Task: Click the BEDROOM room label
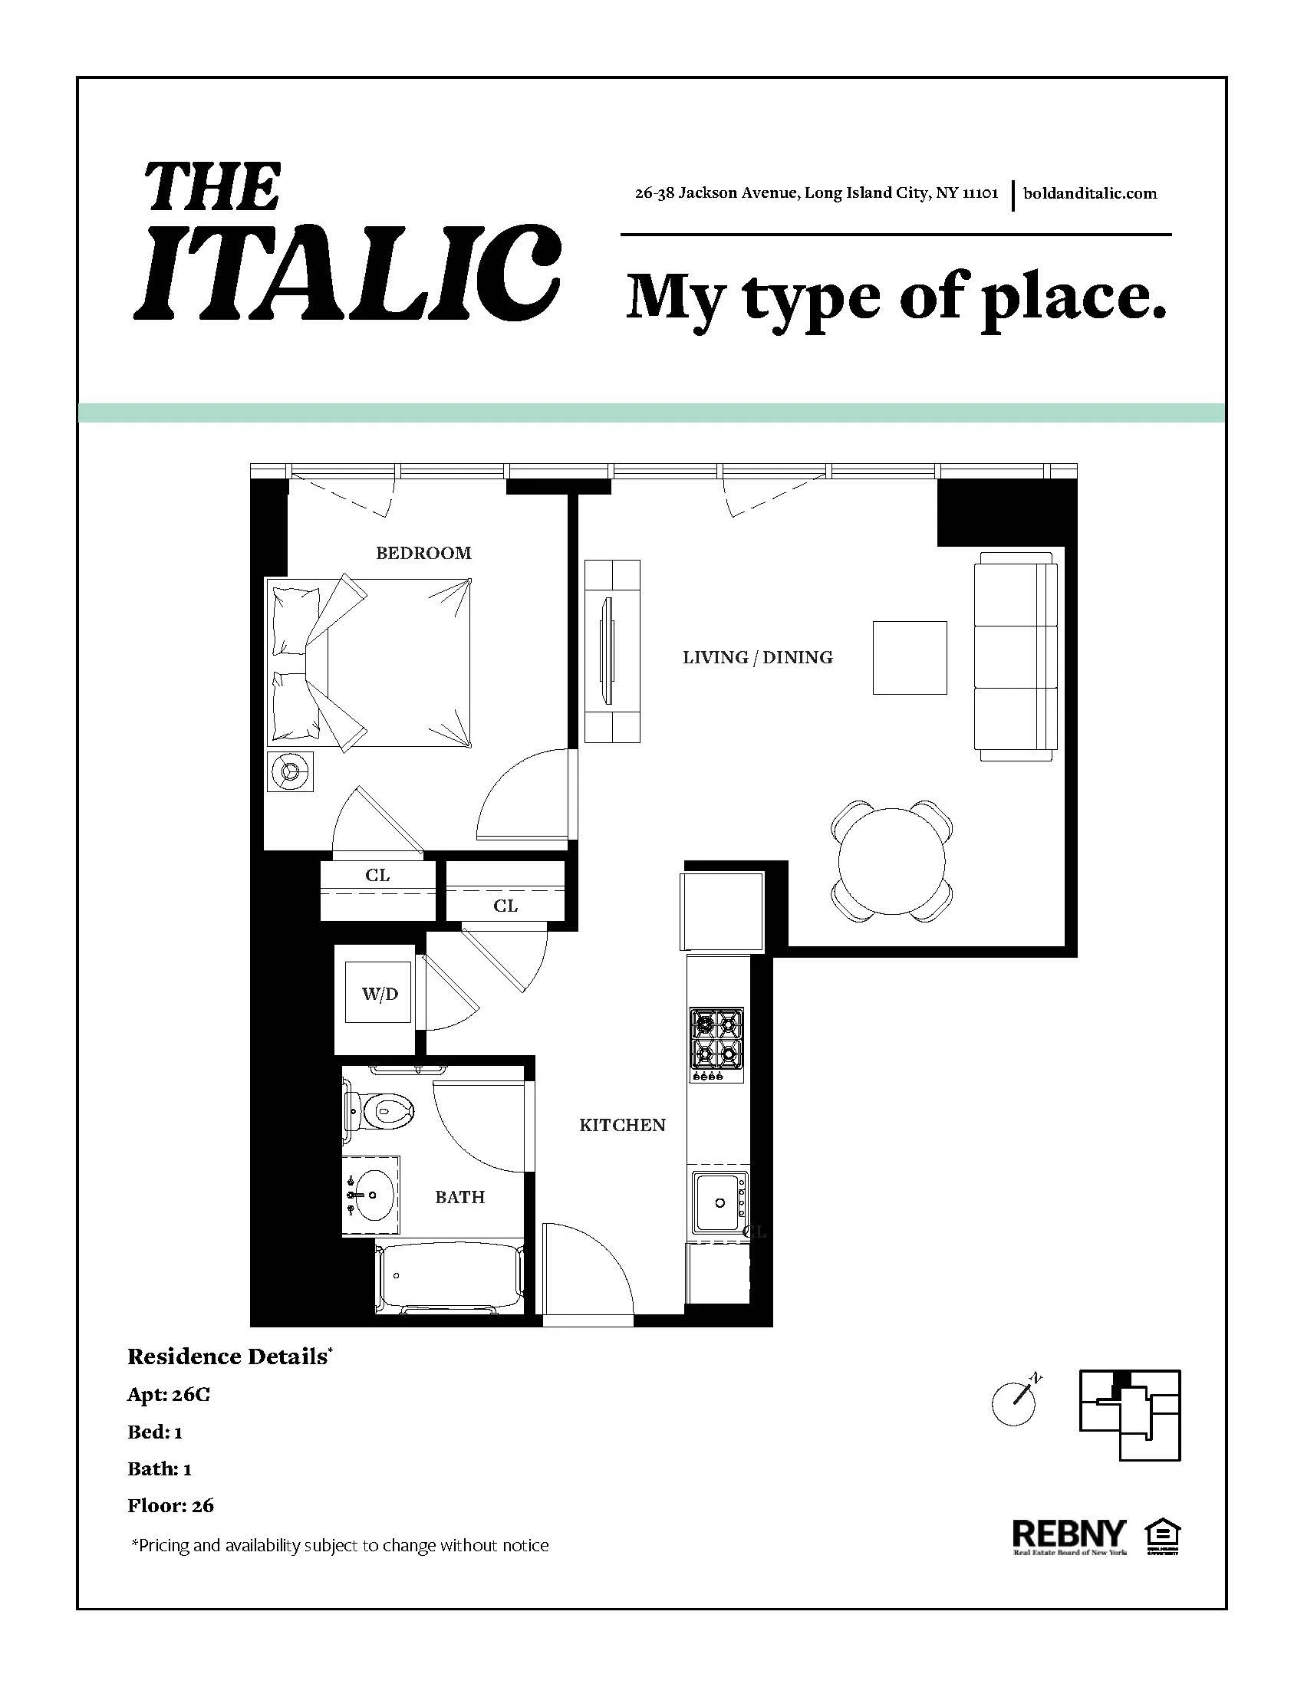coord(423,553)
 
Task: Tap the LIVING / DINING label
coord(757,657)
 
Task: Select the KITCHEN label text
coord(622,1126)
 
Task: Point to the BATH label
coord(459,1197)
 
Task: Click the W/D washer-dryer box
coord(377,993)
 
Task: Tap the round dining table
coord(891,861)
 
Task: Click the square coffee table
coord(909,657)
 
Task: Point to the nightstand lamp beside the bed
coord(291,771)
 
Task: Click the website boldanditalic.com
coord(1089,193)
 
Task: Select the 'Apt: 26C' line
coord(169,1394)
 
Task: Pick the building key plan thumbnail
coord(1128,1414)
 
